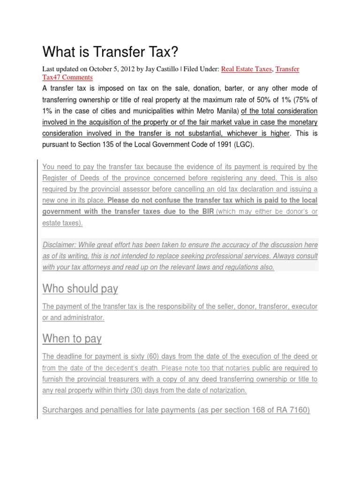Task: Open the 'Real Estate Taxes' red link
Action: point(246,69)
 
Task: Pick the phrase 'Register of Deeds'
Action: point(71,178)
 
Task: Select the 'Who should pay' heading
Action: point(80,289)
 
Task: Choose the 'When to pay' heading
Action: point(72,338)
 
